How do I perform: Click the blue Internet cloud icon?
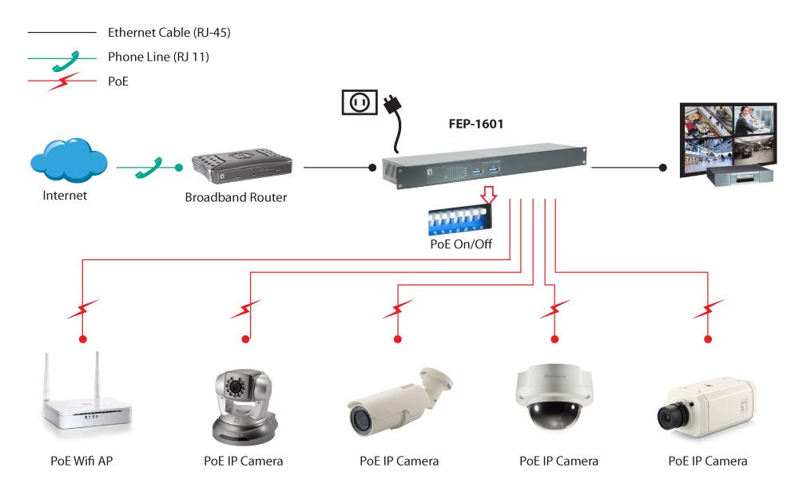[68, 160]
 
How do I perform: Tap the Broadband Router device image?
[240, 163]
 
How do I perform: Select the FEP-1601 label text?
[476, 125]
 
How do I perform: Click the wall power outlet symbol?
[359, 102]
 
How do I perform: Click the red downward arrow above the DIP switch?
[487, 194]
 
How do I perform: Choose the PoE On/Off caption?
[461, 244]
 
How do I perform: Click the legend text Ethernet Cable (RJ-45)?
[169, 33]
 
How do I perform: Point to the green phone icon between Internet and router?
[147, 168]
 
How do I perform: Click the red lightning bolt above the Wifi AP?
[82, 308]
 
